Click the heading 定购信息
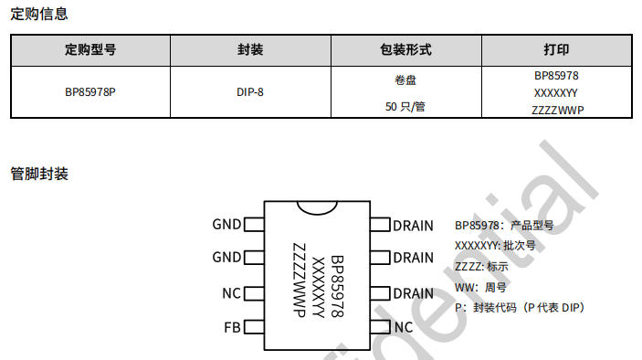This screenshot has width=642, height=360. click(39, 14)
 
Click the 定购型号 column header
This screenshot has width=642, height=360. click(90, 50)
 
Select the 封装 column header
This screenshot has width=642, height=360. click(250, 50)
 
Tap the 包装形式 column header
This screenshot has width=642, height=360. click(405, 50)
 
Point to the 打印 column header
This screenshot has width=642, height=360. click(556, 50)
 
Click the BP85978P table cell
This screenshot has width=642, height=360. click(90, 92)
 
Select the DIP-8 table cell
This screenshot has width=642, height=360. click(249, 92)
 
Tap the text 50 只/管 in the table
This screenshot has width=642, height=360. click(405, 107)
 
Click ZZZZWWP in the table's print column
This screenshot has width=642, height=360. click(558, 111)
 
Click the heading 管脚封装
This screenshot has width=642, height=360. click(39, 174)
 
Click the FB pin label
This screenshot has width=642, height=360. click(232, 328)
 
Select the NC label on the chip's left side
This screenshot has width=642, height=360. click(231, 293)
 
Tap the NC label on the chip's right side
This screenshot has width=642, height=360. click(404, 327)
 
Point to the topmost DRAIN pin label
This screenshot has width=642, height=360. click(413, 226)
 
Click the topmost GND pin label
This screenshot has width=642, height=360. click(226, 225)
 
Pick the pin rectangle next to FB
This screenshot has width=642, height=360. click(254, 327)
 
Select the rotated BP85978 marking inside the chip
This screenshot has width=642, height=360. click(337, 286)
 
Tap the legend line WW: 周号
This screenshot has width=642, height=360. click(480, 288)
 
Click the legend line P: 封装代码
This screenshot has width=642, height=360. click(520, 308)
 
